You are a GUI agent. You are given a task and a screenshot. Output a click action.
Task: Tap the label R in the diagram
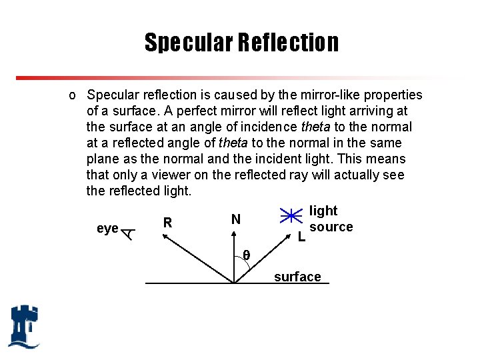coord(168,223)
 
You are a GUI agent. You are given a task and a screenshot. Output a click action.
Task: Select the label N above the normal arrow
coord(235,219)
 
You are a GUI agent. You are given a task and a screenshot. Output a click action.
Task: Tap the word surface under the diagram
coord(297,277)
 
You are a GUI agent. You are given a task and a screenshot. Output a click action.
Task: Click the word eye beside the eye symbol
coord(107,229)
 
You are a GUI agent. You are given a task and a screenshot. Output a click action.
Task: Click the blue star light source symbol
coord(290,217)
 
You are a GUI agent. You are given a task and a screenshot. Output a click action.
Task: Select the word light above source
coord(324,211)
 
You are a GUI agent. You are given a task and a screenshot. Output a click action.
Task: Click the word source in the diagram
coord(331,227)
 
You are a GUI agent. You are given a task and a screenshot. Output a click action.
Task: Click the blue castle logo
coord(24,326)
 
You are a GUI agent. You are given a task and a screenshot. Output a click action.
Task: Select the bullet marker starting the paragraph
coord(72,95)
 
